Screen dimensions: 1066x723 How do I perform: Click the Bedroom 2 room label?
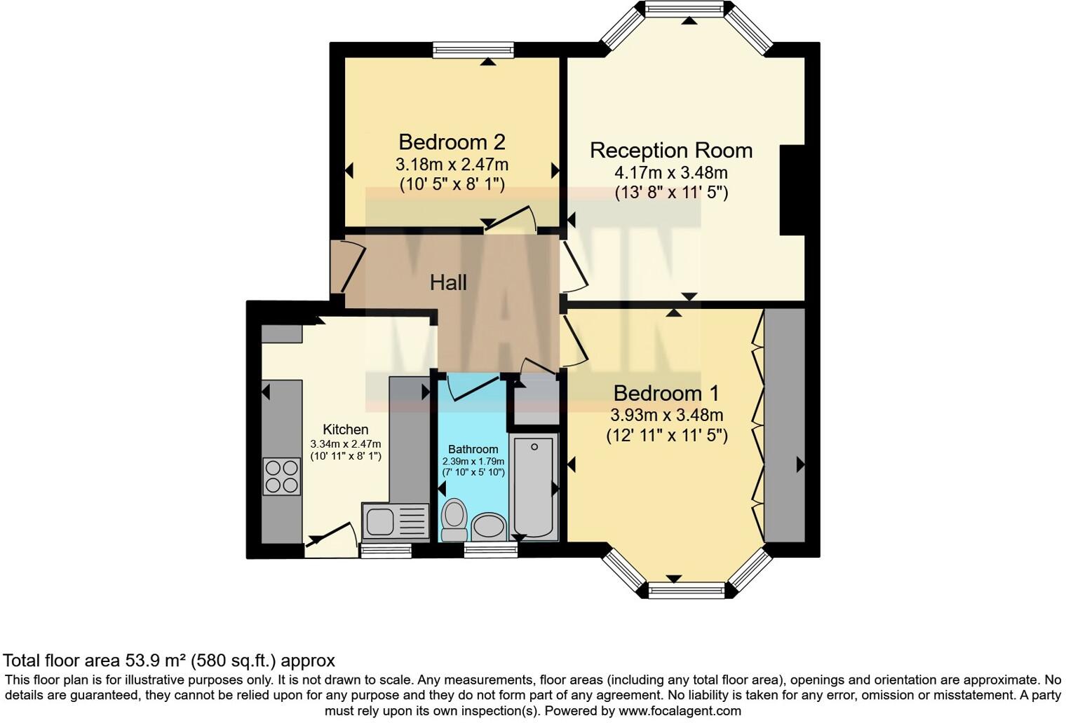[x=452, y=142]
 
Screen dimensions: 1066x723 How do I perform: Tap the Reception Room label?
[x=671, y=150]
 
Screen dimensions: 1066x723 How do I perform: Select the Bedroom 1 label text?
[x=666, y=393]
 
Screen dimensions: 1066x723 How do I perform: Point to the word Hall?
[x=448, y=283]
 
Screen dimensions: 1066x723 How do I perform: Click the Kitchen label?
[x=346, y=429]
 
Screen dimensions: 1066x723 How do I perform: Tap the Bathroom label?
[x=473, y=449]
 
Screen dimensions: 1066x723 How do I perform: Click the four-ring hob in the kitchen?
[x=282, y=477]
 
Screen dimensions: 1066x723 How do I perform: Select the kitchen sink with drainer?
[x=395, y=523]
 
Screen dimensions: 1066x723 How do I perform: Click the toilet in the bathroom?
[x=454, y=520]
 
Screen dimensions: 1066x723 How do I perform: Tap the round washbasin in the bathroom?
[x=489, y=527]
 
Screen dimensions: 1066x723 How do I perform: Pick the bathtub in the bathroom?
[x=534, y=486]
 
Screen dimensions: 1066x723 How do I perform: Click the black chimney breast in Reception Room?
[x=792, y=190]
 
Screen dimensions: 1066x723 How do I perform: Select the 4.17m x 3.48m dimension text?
[x=671, y=172]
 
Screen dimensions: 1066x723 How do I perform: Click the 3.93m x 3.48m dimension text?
[x=667, y=415]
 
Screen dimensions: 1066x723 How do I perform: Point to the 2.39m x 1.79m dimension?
[x=473, y=461]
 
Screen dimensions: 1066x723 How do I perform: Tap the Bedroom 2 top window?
[x=473, y=50]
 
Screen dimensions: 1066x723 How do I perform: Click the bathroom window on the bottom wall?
[x=491, y=550]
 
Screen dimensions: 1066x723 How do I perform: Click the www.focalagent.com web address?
[x=680, y=710]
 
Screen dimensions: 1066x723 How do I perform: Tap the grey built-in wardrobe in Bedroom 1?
[x=784, y=425]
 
